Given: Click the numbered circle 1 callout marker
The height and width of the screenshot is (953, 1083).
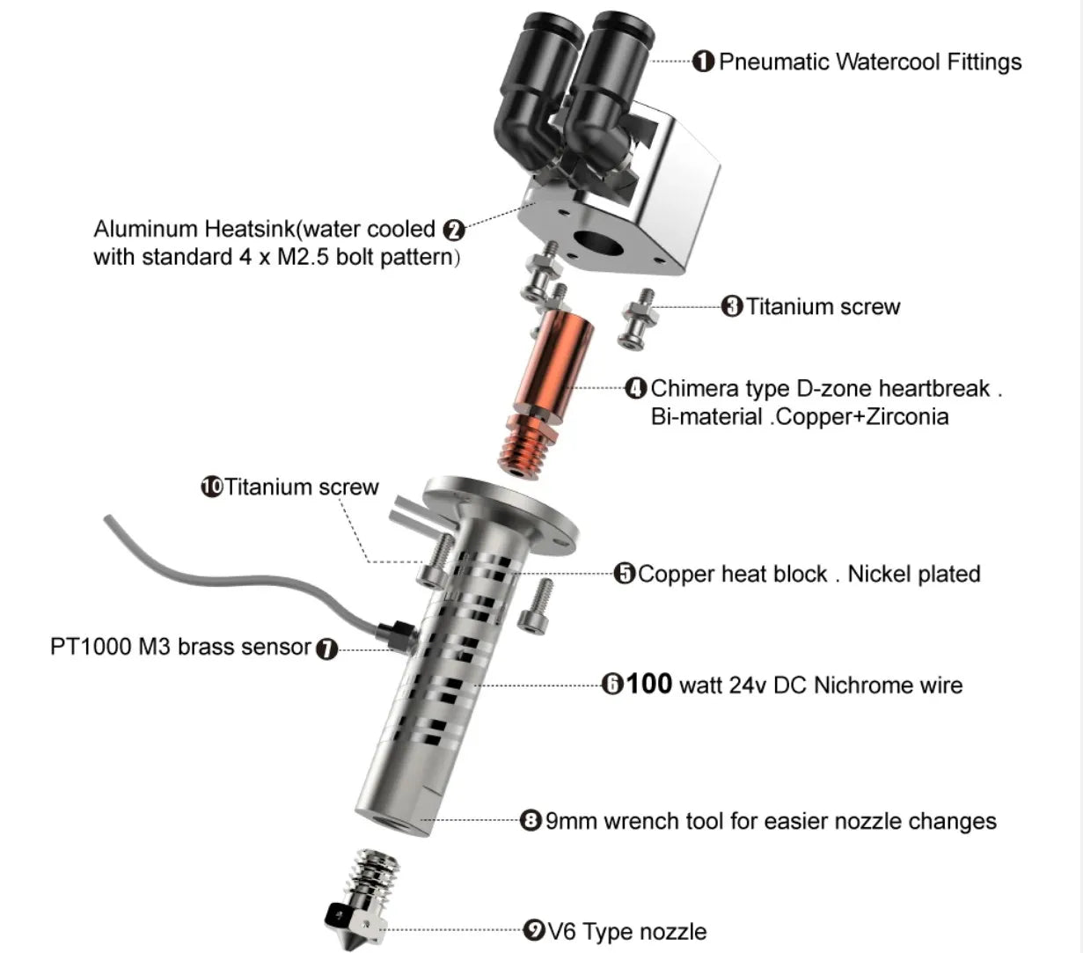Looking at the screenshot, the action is tap(703, 62).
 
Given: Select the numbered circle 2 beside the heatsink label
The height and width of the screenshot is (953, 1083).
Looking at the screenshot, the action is tap(454, 231).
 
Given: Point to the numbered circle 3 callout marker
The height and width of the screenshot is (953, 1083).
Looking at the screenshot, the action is tap(732, 306).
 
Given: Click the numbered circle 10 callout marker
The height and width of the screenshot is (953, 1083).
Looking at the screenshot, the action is tap(212, 487).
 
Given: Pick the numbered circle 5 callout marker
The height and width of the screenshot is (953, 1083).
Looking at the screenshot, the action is tap(625, 574).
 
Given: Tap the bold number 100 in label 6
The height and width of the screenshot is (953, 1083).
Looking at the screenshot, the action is tap(648, 684).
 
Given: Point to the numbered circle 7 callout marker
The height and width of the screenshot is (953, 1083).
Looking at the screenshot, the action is tap(326, 649).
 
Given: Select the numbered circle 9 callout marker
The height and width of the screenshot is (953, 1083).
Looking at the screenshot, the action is tap(534, 931).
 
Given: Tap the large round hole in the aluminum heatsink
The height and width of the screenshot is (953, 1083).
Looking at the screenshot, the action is tap(599, 244).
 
